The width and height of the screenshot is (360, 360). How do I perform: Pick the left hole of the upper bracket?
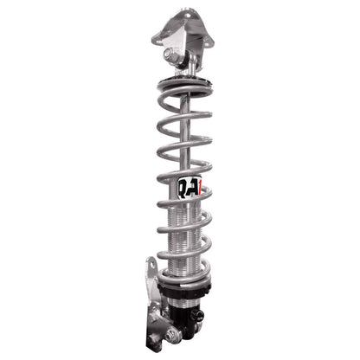pyautogui.click(x=158, y=35)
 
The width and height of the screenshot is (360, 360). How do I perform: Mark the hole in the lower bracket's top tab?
pyautogui.click(x=149, y=277)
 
